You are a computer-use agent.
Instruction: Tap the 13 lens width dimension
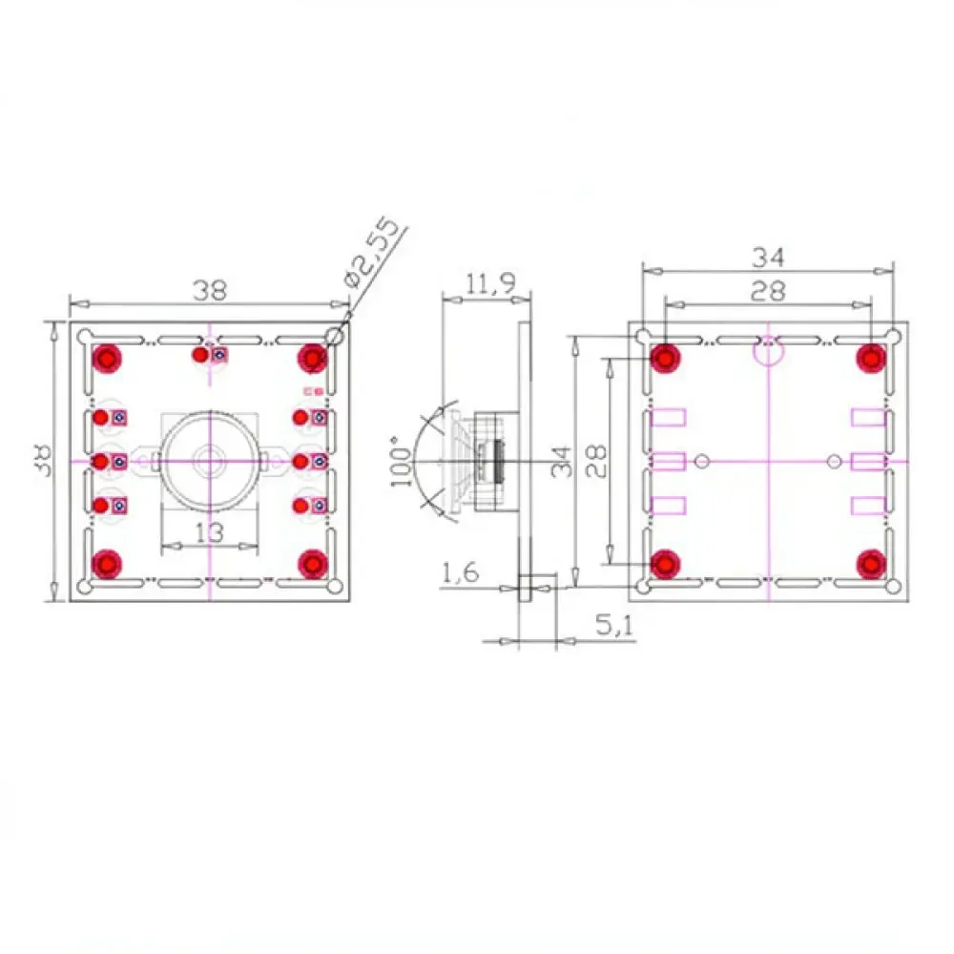coord(209,532)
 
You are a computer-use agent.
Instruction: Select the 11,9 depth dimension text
coord(490,283)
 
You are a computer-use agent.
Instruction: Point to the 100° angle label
coord(401,461)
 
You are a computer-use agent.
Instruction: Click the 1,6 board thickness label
coord(460,571)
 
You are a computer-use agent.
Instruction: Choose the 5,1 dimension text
coord(613,625)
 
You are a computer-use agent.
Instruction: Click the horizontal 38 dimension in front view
coord(210,290)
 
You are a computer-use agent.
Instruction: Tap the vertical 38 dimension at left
coord(43,461)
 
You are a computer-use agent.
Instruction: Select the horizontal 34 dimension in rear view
coord(768,258)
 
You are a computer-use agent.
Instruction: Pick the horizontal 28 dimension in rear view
coord(768,291)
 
